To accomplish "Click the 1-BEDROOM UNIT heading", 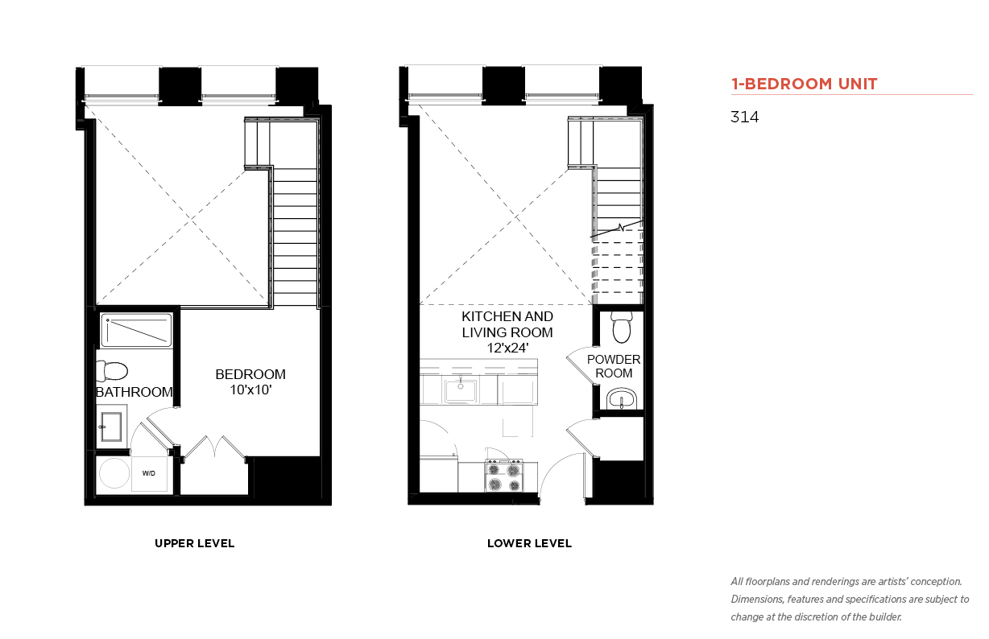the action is coord(804,84).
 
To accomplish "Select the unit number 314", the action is coord(744,117).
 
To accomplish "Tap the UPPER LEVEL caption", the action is coord(194,543).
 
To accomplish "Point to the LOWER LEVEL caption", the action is coord(529,543).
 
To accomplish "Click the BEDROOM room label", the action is coord(250,374).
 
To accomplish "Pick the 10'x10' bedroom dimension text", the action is coord(250,390).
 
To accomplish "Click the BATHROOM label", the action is coord(134,392).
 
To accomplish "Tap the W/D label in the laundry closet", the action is coord(149,473).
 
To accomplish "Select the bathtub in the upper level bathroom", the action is coord(136,331).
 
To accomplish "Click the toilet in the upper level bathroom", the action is coord(112,371).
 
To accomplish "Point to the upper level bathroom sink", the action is coord(111,427).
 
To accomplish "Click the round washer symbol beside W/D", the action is coord(114,473).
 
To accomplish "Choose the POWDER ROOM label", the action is coord(614,366).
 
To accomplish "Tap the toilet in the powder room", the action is coord(622,327).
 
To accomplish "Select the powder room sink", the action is coord(622,398).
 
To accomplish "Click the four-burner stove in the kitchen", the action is coord(504,476).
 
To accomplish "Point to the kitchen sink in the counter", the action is coord(461,390).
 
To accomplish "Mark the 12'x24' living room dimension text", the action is coord(507,348).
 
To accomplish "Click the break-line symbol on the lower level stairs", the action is coord(621,228).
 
